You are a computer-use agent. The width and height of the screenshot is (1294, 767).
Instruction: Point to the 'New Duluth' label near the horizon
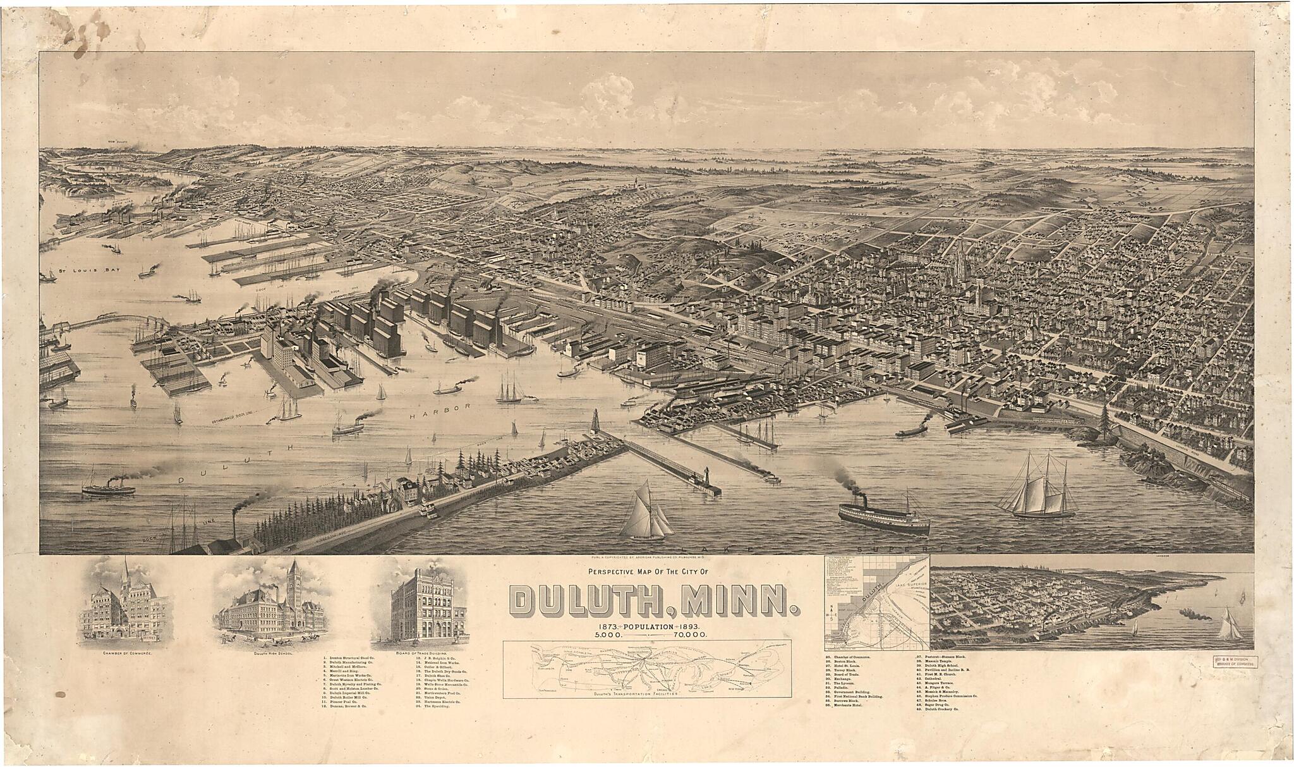119,142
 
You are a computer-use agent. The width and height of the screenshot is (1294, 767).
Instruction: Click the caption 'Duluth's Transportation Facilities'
642,694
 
